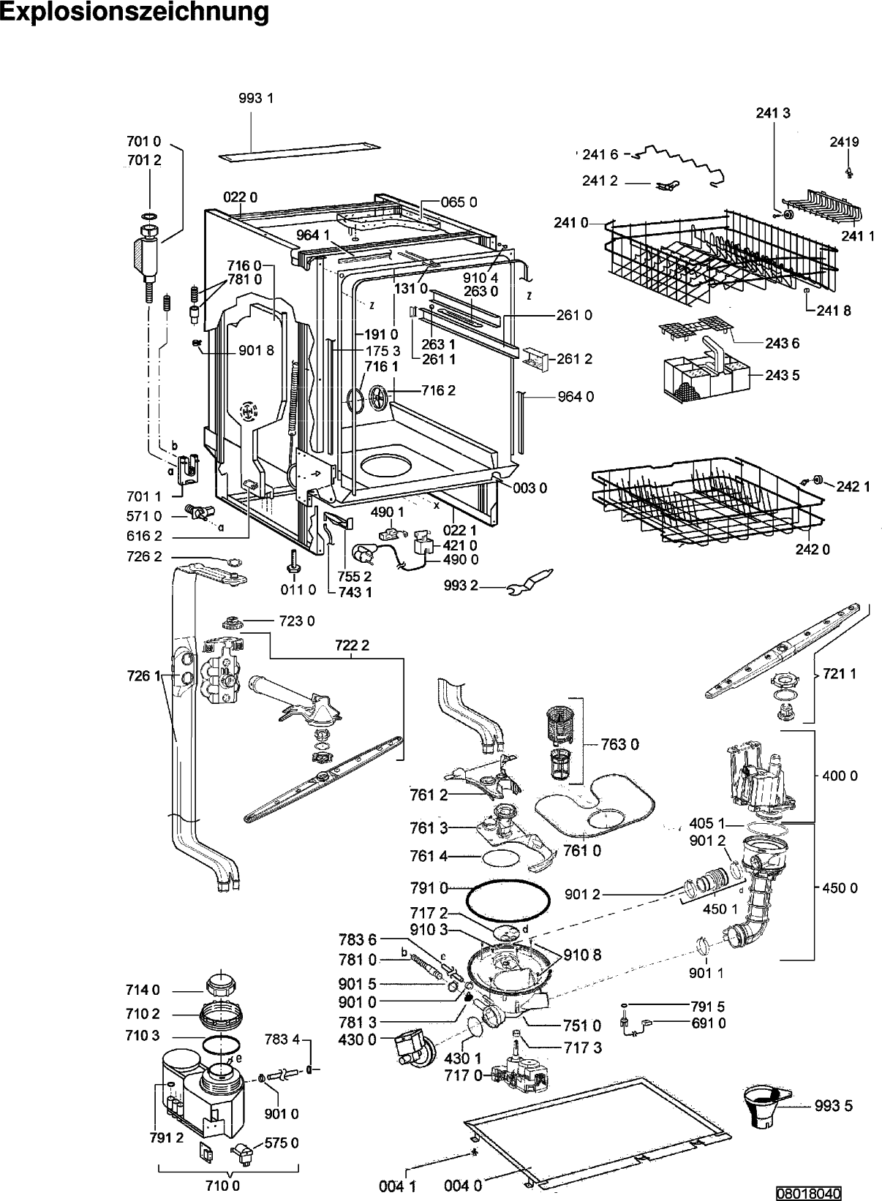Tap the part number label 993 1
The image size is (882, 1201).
256,98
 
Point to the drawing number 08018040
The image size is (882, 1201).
810,1194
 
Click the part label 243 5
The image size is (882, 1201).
783,375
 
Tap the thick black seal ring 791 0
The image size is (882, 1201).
508,904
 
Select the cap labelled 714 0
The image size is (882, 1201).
221,982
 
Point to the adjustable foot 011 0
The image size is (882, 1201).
293,560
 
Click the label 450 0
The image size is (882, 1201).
840,887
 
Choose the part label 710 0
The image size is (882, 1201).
222,1186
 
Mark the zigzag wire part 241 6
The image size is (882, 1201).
679,164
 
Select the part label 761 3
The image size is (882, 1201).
429,827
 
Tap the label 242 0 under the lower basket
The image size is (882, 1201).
813,550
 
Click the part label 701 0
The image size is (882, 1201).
144,142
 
